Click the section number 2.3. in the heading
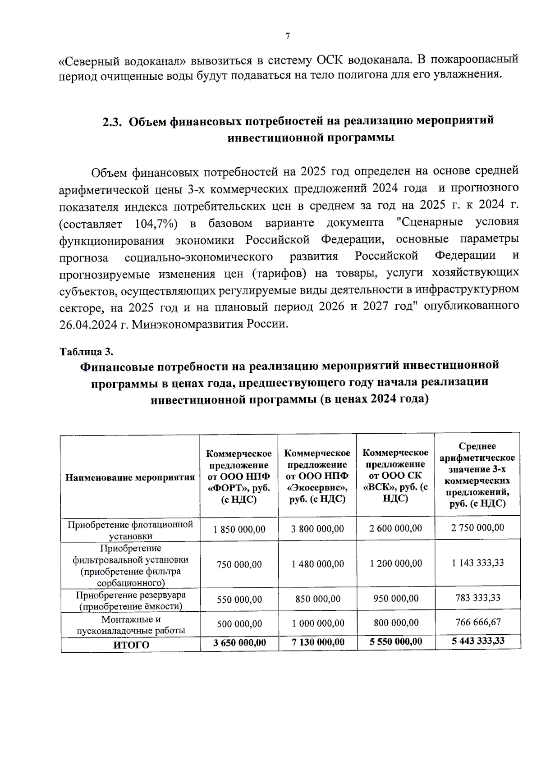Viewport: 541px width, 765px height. click(112, 122)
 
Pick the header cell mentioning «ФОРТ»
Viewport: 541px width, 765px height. click(239, 476)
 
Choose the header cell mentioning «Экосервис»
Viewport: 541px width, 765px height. click(317, 476)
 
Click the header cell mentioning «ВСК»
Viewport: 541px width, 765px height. click(395, 476)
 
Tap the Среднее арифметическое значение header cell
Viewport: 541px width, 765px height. click(477, 475)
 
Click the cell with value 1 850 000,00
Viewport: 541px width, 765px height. click(239, 529)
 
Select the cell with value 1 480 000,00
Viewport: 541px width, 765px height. click(317, 564)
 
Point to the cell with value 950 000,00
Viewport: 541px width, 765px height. click(395, 599)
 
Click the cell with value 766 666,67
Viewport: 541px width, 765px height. click(478, 623)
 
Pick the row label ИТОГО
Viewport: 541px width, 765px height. click(131, 645)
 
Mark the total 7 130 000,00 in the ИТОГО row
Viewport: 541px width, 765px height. click(317, 642)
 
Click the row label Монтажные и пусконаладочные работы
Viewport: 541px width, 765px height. click(131, 625)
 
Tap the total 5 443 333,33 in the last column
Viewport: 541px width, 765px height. click(478, 641)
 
